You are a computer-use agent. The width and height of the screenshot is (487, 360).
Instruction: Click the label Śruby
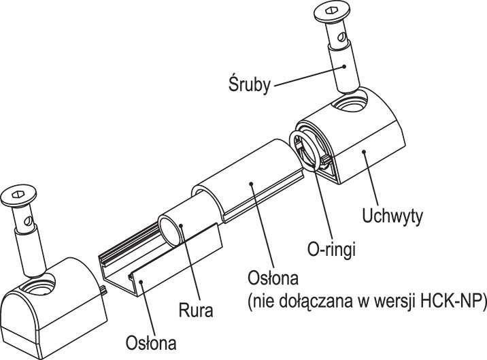[x=248, y=85]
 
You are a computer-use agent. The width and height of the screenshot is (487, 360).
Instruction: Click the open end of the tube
[x=169, y=229]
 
